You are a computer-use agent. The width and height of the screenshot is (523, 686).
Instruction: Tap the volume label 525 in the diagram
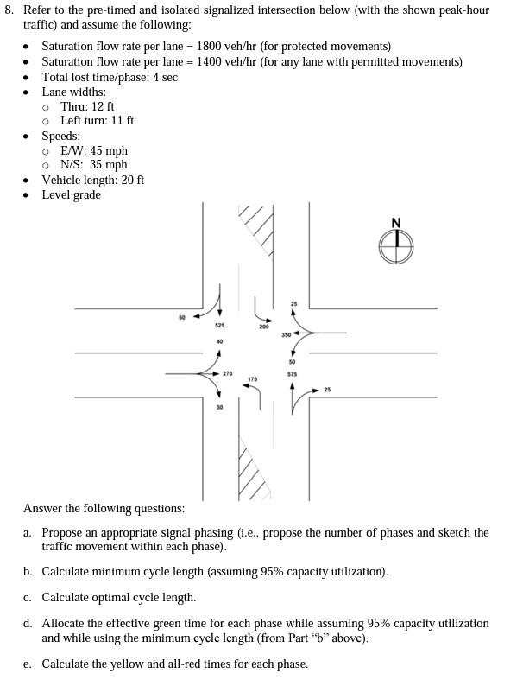click(x=220, y=326)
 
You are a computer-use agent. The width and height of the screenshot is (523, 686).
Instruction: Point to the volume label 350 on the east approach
click(x=285, y=333)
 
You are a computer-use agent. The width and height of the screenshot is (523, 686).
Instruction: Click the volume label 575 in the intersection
click(x=292, y=374)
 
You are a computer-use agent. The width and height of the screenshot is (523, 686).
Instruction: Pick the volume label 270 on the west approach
click(x=227, y=373)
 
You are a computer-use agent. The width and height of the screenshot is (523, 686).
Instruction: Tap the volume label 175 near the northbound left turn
click(x=252, y=379)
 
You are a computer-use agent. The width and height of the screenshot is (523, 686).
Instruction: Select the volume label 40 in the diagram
click(x=219, y=342)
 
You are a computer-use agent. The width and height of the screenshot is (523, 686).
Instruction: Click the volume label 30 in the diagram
click(x=219, y=406)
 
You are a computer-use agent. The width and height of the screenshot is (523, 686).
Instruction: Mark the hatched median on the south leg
click(x=251, y=472)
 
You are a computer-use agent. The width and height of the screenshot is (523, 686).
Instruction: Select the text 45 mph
click(x=108, y=150)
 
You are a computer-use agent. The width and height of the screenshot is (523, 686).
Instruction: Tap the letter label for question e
click(x=28, y=664)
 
